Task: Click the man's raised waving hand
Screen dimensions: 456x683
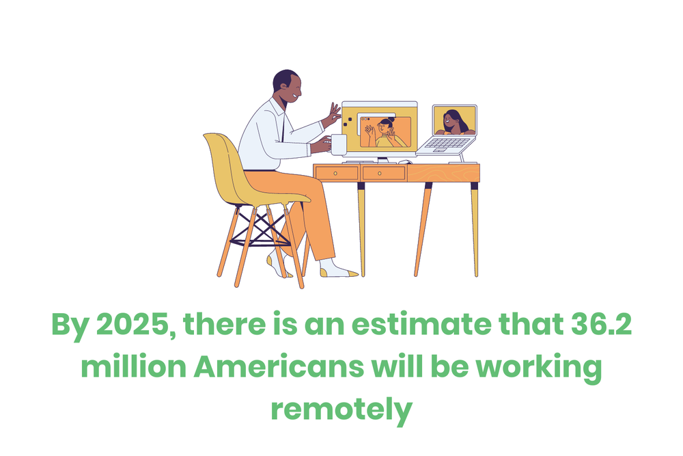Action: (x=333, y=113)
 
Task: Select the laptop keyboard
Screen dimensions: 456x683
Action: (x=447, y=144)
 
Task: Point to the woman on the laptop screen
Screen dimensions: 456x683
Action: (x=454, y=122)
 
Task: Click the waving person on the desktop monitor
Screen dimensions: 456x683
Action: (x=387, y=132)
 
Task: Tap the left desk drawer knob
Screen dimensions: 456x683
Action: (x=336, y=174)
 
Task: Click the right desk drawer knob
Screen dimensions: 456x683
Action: (x=383, y=174)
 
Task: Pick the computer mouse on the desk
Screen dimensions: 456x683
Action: (x=404, y=162)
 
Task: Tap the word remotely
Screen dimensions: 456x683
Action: (x=341, y=410)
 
